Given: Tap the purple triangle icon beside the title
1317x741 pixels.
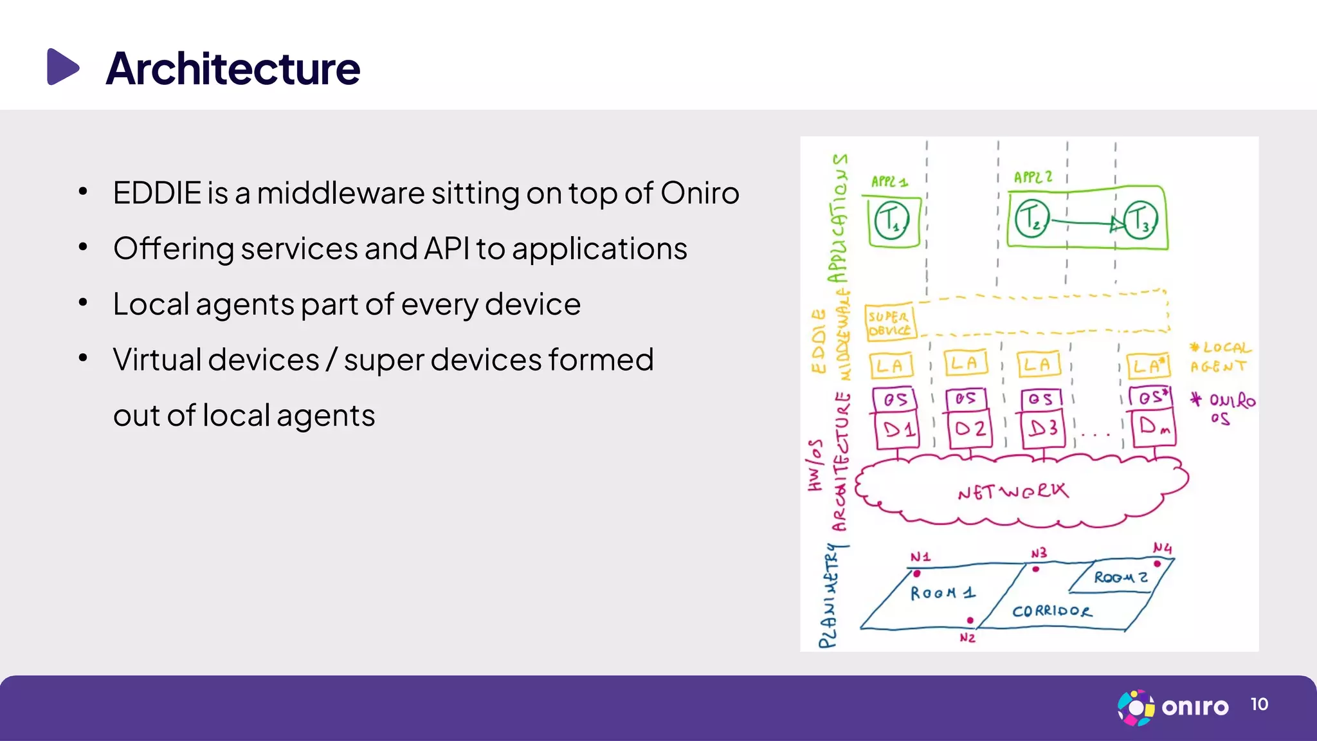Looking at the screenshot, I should click(x=62, y=66).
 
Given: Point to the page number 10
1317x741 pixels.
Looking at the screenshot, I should click(x=1259, y=704).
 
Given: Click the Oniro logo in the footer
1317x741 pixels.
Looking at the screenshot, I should click(x=1173, y=707).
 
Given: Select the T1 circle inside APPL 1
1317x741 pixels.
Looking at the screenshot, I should click(x=892, y=221).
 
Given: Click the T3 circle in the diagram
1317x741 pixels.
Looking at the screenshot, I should click(x=1140, y=220).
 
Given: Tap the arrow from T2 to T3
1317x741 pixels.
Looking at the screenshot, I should click(x=1087, y=223).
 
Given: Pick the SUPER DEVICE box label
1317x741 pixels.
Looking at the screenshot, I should click(x=889, y=322).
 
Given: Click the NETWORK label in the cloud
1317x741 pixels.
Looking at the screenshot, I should click(x=1012, y=492).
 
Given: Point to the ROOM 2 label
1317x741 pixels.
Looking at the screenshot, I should click(x=1120, y=577).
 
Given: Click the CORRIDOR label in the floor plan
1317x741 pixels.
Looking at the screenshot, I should click(x=1051, y=610).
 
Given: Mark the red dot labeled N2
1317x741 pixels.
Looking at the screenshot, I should click(x=970, y=621).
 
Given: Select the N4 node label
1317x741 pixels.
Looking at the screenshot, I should click(x=1162, y=548).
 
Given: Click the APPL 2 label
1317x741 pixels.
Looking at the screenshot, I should click(x=1033, y=177).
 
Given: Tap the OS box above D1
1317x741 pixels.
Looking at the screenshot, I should click(x=895, y=399).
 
